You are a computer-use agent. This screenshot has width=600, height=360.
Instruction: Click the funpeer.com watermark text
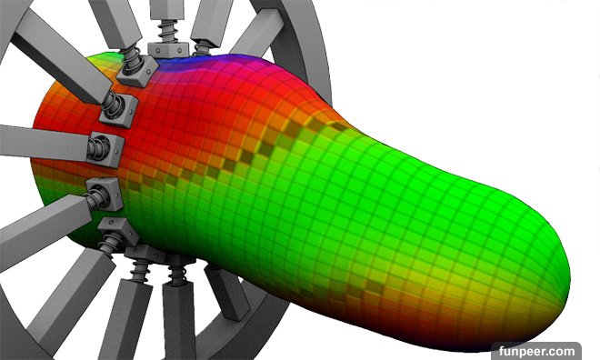pyautogui.click(x=536, y=351)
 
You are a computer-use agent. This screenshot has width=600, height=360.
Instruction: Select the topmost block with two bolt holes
pyautogui.click(x=168, y=49)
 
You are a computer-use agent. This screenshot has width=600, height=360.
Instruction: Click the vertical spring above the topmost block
pyautogui.click(x=167, y=32)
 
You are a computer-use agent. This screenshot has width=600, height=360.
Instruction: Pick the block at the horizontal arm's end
pyautogui.click(x=106, y=150)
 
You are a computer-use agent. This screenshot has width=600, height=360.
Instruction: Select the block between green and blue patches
pyautogui.click(x=137, y=70)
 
